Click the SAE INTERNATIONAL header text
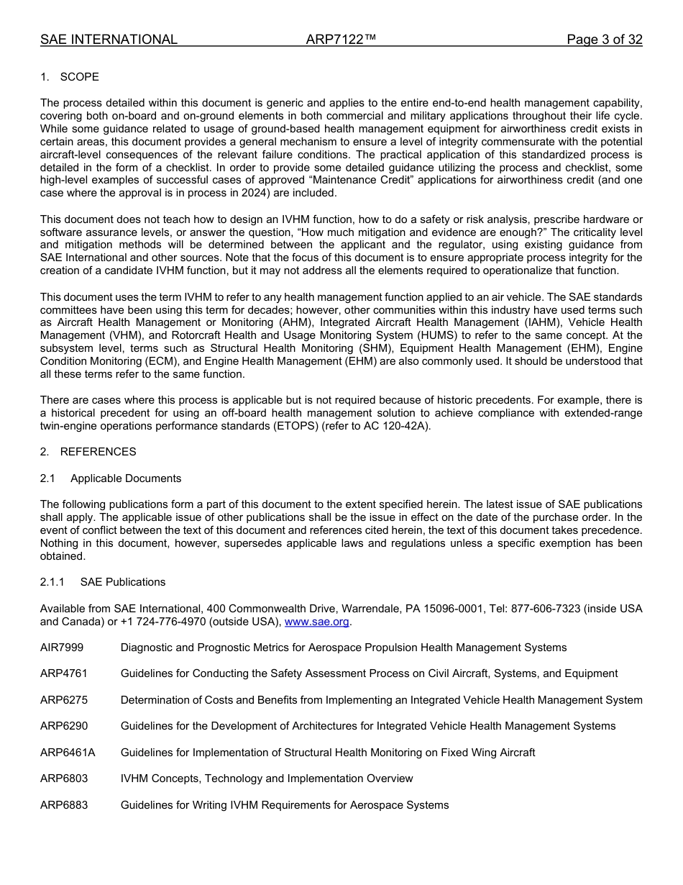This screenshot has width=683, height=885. (x=109, y=40)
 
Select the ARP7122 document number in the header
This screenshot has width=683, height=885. (x=341, y=40)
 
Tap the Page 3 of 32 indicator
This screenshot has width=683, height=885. (x=604, y=40)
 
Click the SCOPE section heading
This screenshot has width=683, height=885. (x=79, y=77)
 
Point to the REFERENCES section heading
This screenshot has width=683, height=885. (x=98, y=452)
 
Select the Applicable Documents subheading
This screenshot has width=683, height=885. (x=126, y=478)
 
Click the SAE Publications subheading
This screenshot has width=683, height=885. (x=123, y=582)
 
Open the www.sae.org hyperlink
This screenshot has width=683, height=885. (x=317, y=622)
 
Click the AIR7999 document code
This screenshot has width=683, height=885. (x=62, y=648)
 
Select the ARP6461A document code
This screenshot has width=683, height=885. (x=68, y=753)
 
